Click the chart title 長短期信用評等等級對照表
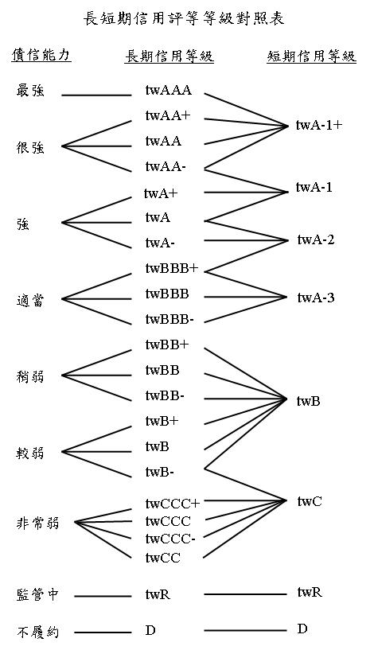click(x=184, y=18)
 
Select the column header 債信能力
click(x=41, y=55)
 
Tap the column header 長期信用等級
click(x=169, y=56)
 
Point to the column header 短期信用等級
click(x=311, y=56)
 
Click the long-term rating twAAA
click(x=169, y=91)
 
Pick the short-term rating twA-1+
click(x=319, y=125)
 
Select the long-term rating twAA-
click(x=166, y=166)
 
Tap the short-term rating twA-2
click(x=316, y=239)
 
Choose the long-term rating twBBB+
click(x=172, y=269)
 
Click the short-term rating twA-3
click(x=316, y=298)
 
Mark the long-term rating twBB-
click(x=165, y=396)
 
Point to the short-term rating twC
click(x=310, y=501)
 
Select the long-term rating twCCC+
click(x=173, y=504)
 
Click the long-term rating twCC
click(x=163, y=559)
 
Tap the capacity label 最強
click(x=30, y=91)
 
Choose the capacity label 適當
click(x=30, y=300)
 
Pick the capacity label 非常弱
click(x=37, y=524)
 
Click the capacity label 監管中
click(x=37, y=595)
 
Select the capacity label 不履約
click(x=37, y=632)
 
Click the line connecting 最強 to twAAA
click(x=96, y=95)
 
